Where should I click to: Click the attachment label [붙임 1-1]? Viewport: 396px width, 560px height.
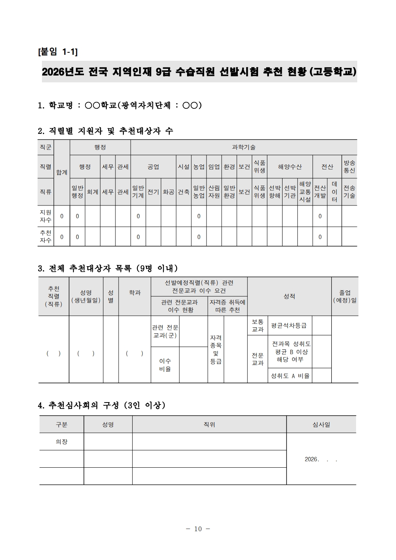pyautogui.click(x=58, y=52)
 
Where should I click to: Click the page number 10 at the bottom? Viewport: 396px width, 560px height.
pyautogui.click(x=198, y=529)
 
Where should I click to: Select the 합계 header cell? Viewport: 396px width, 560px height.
pyautogui.click(x=62, y=172)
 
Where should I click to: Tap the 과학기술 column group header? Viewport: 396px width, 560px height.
pyautogui.click(x=243, y=147)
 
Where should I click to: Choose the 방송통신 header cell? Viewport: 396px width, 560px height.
pyautogui.click(x=349, y=167)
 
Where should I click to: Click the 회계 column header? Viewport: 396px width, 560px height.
pyautogui.click(x=93, y=192)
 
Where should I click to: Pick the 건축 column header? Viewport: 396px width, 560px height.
pyautogui.click(x=183, y=192)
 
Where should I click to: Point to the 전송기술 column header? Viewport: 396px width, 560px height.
pyautogui.click(x=349, y=192)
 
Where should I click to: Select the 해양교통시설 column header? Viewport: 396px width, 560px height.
pyautogui.click(x=305, y=192)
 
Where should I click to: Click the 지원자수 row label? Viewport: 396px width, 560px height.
pyautogui.click(x=46, y=216)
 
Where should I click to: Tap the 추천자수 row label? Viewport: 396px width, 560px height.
pyautogui.click(x=46, y=237)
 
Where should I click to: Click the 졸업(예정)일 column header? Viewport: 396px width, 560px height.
pyautogui.click(x=345, y=296)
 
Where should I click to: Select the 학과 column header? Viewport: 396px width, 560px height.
pyautogui.click(x=135, y=293)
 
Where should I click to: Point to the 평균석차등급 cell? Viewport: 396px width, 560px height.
pyautogui.click(x=289, y=325)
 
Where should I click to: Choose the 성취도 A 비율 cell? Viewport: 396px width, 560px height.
pyautogui.click(x=290, y=376)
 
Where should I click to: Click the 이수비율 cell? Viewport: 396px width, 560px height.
pyautogui.click(x=165, y=365)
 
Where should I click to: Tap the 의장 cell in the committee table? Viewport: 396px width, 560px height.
pyautogui.click(x=62, y=442)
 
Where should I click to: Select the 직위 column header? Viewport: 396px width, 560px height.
pyautogui.click(x=209, y=424)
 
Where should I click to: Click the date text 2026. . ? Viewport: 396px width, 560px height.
pyautogui.click(x=312, y=459)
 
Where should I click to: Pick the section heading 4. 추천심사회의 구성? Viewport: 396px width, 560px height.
pyautogui.click(x=101, y=405)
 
